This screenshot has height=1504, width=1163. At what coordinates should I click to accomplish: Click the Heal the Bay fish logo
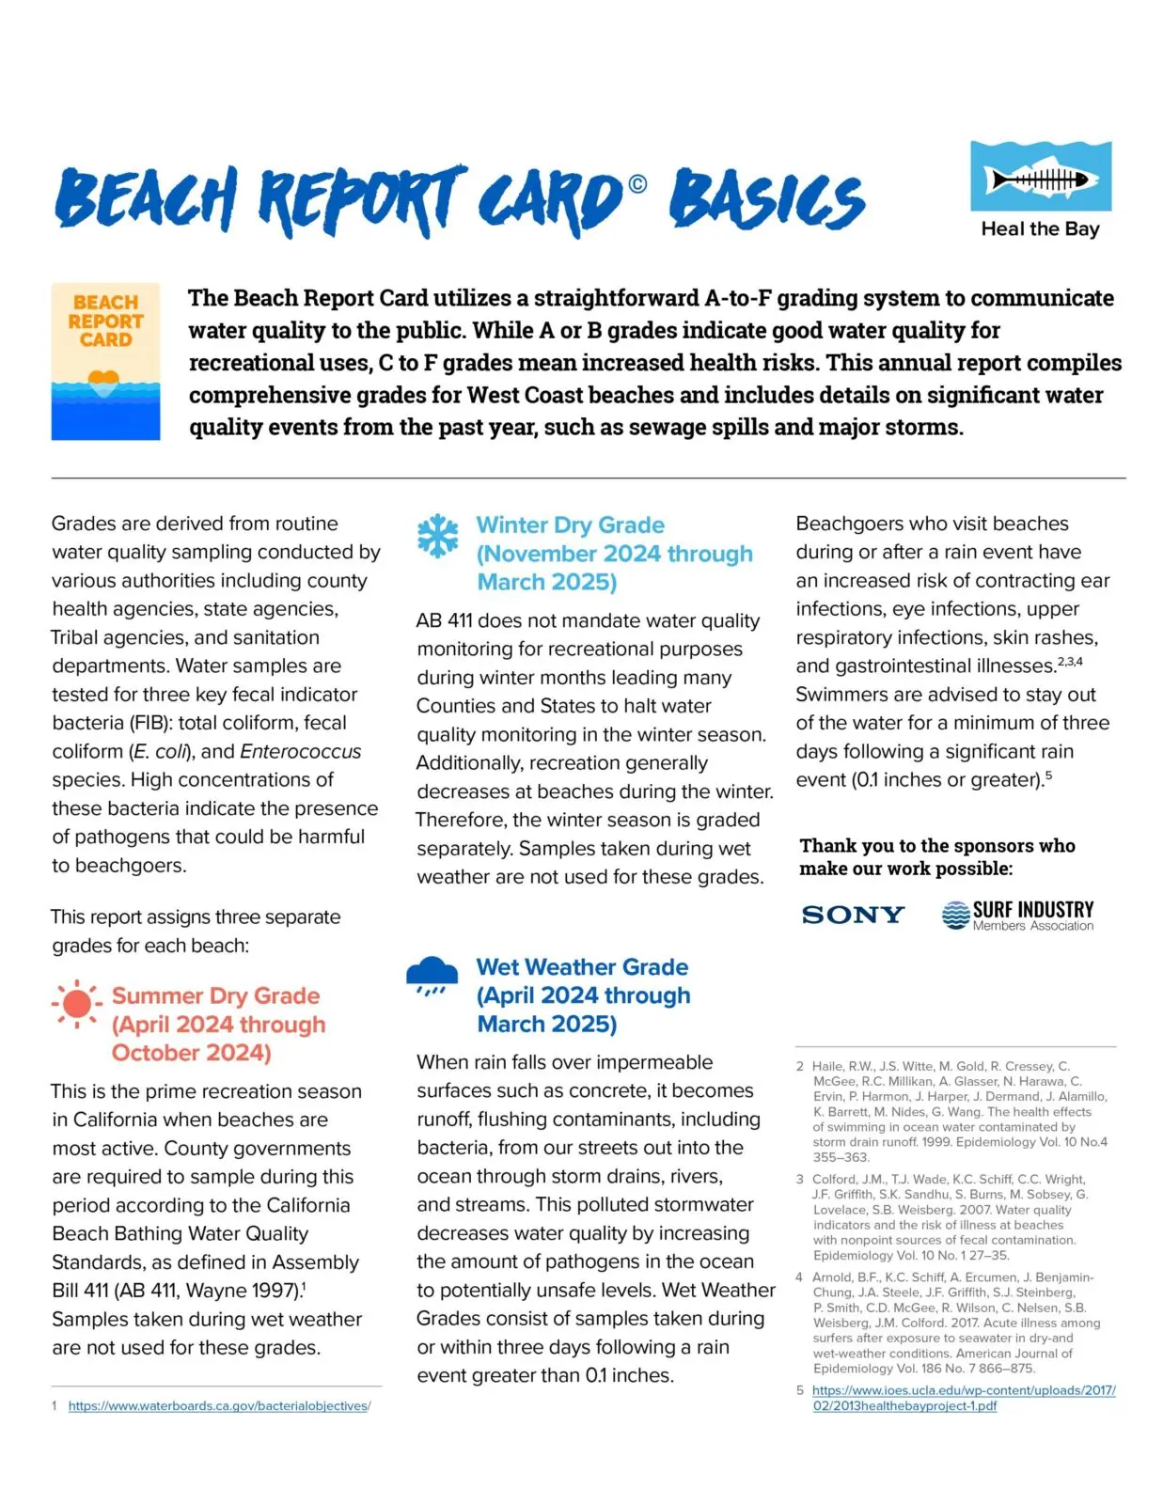point(1040,177)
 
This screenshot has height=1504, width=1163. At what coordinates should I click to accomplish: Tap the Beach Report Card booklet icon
point(105,361)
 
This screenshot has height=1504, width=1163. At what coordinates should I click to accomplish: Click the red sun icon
point(77,1004)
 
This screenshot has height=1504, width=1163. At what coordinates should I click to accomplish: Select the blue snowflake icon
point(437,536)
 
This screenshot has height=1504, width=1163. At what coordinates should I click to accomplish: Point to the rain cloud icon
point(432,976)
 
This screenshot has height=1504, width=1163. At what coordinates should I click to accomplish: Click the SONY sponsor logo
point(853,915)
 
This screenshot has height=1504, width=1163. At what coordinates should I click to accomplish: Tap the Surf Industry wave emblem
point(955,915)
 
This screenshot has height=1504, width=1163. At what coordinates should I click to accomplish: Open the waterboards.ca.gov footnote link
point(219,1406)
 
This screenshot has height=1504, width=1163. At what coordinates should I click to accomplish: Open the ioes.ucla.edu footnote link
point(963,1398)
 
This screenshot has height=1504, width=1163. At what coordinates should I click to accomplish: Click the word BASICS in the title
point(766,200)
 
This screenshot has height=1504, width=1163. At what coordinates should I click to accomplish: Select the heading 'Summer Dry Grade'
point(215,996)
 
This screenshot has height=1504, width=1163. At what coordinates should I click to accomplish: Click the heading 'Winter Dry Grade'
point(570,525)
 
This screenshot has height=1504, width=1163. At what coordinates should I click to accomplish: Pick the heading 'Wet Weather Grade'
point(582,967)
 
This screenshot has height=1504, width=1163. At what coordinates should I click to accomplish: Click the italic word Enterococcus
point(300,752)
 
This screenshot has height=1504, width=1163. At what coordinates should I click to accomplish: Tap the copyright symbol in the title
point(637,184)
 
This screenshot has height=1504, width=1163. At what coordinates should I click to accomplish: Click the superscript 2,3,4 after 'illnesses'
point(1070,662)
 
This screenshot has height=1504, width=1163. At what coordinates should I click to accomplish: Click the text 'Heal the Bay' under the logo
point(1040,229)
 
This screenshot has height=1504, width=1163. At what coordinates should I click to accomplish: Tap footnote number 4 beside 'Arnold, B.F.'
point(799,1277)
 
